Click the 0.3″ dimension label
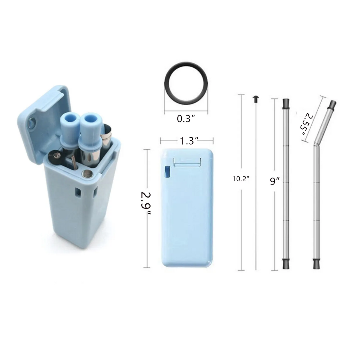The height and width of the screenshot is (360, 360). pyautogui.click(x=186, y=119)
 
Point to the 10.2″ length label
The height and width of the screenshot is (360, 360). pyautogui.click(x=241, y=179)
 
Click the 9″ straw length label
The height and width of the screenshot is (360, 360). pyautogui.click(x=274, y=181)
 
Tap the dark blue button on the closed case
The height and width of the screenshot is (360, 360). pyautogui.click(x=167, y=172)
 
